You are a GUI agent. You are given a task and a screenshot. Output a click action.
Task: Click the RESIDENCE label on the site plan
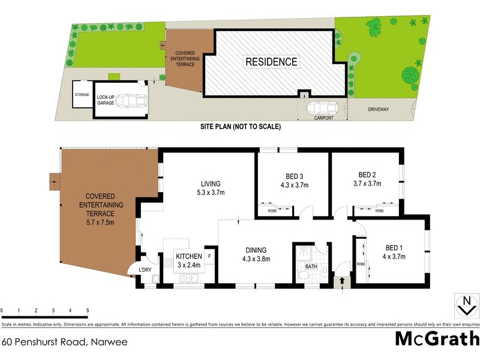click(270, 61)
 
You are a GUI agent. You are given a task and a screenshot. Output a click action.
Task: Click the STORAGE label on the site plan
click(82, 95)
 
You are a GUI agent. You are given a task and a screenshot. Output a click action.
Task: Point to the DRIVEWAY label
click(379, 110)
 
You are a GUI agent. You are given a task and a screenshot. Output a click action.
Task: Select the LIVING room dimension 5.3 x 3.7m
click(211, 193)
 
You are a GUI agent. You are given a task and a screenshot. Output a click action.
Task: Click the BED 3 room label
click(293, 176)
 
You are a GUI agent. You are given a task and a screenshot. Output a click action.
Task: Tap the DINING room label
click(256, 250)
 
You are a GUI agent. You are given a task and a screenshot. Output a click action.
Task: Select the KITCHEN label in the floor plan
click(188, 256)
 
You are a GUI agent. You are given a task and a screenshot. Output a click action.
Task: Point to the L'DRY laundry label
click(145, 269)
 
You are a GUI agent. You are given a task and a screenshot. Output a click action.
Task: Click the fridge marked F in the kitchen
click(209, 256)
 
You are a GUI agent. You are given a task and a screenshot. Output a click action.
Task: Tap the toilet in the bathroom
click(304, 274)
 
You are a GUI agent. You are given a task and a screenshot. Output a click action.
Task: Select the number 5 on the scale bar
click(88, 310)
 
